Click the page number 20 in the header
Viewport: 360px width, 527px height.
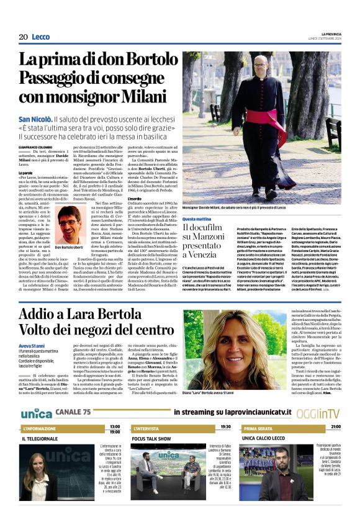point(23,37)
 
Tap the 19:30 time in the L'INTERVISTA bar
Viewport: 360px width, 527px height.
point(225,427)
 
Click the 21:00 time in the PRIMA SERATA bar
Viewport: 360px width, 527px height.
point(335,427)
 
